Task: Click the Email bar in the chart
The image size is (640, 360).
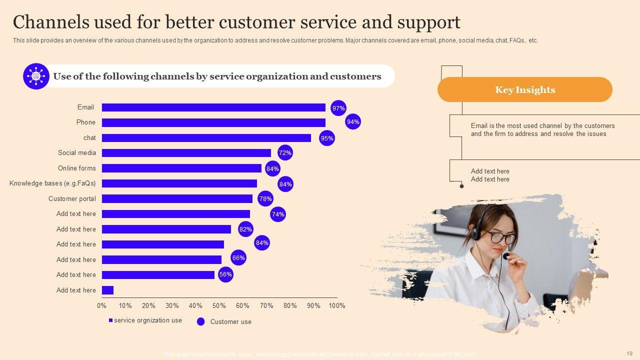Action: point(213,107)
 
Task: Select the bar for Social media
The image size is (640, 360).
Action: point(186,153)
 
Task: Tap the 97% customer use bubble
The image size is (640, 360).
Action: point(338,108)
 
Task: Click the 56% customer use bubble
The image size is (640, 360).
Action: point(225,274)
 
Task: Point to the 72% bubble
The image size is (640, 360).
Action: point(285,152)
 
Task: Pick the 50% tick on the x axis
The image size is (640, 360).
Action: point(219,305)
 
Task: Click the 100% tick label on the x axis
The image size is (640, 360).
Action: point(337,305)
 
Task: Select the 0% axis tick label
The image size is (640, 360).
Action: point(101,305)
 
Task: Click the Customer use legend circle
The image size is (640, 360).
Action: point(201,321)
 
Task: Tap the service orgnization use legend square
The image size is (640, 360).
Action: point(110,320)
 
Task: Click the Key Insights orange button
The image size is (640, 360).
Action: point(524,90)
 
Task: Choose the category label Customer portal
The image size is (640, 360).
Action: point(72,198)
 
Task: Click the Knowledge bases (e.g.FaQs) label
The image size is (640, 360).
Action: point(52,183)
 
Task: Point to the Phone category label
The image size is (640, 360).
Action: point(85,122)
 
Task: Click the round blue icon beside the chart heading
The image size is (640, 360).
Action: point(36,76)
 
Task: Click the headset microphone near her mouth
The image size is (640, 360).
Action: point(506,256)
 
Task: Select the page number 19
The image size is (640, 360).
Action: point(629,353)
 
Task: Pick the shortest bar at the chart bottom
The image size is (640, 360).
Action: point(107,290)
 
